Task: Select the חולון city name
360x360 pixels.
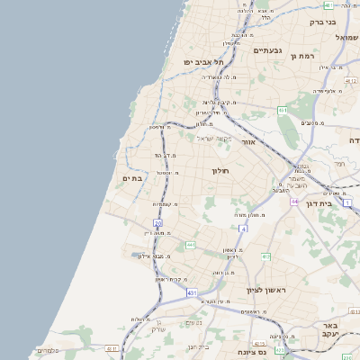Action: coord(220,170)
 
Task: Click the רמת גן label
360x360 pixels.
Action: coord(306,56)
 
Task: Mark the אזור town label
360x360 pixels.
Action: coord(250,142)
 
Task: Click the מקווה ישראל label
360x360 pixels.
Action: coord(213,138)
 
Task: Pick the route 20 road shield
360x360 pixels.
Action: coord(157,222)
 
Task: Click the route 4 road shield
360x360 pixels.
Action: coord(241,229)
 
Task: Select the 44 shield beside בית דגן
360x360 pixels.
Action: coord(294,202)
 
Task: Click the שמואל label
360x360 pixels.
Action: coord(346,37)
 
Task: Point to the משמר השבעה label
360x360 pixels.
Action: coord(303,183)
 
